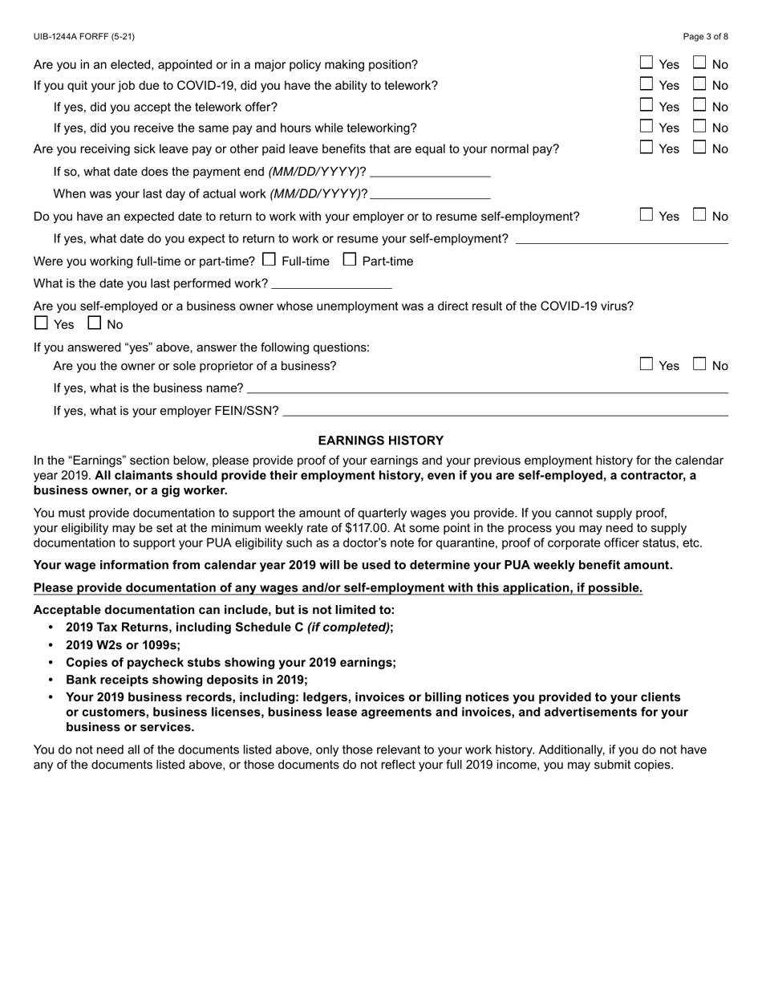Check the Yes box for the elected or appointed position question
tap(646, 63)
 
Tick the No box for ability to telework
tap(699, 83)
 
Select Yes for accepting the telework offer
tap(646, 105)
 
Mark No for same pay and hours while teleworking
tap(699, 126)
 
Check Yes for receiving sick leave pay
tap(646, 148)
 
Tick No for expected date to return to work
tap(699, 215)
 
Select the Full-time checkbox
tap(269, 260)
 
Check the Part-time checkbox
tap(350, 260)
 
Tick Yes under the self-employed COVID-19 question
tap(42, 323)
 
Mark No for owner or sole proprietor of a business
tap(699, 364)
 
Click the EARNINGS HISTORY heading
tap(381, 441)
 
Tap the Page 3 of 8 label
tap(706, 37)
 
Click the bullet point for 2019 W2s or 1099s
tap(52, 645)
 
